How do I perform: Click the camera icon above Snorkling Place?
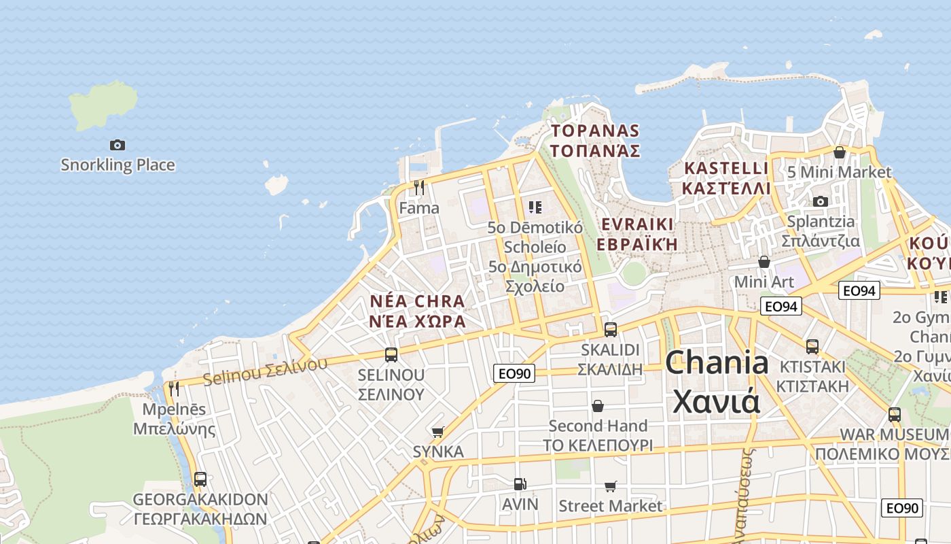[118, 145]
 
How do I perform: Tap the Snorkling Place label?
[118, 165]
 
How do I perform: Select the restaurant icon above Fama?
[419, 187]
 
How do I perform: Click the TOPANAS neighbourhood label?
[595, 140]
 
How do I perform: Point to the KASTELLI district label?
[727, 177]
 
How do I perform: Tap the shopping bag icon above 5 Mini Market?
[840, 152]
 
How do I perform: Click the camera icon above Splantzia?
[821, 201]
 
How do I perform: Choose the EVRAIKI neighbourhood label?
[637, 234]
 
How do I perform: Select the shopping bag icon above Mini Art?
[764, 262]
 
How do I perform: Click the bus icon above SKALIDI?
[611, 330]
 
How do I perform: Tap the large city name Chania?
[716, 381]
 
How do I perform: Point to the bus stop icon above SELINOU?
[391, 354]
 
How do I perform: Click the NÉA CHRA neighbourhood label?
[418, 311]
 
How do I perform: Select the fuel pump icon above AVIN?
[520, 484]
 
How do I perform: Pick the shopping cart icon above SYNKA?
[438, 432]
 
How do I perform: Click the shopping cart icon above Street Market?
[610, 486]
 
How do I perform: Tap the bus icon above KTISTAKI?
[812, 347]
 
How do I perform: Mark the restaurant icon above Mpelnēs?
[174, 389]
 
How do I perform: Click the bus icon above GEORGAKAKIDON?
[200, 479]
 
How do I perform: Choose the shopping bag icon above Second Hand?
[598, 406]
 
